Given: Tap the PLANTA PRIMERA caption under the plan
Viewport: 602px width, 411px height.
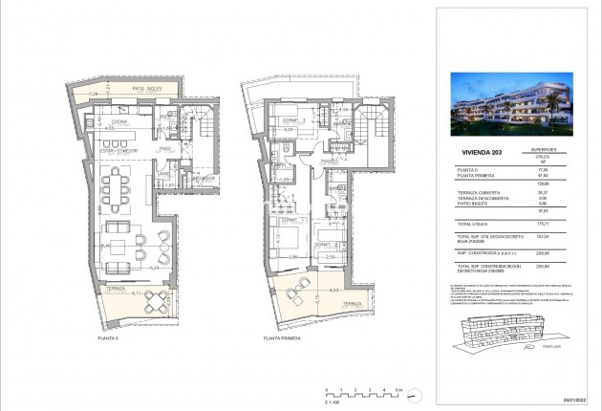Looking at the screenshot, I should (x=283, y=337).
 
